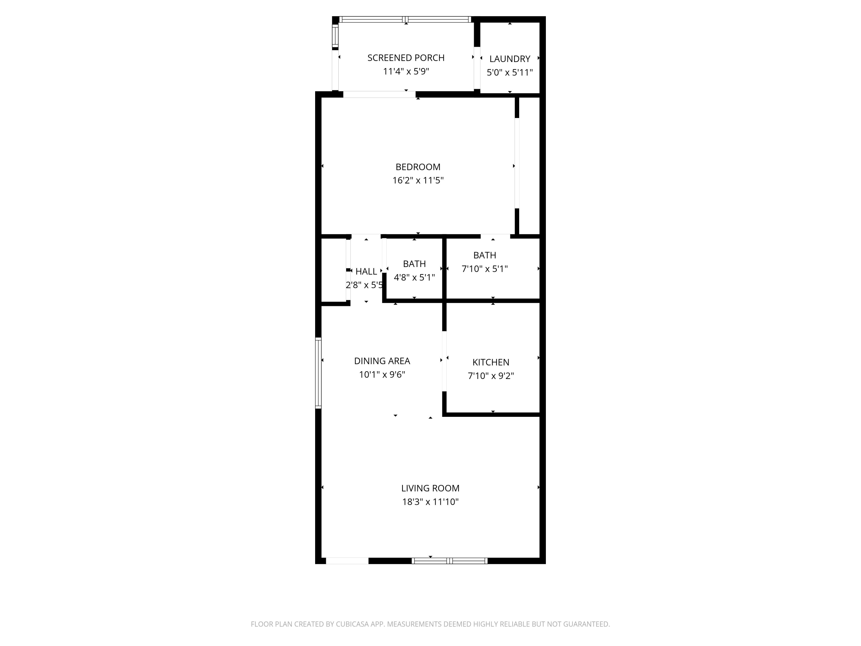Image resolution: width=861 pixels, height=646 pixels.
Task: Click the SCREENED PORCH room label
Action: point(406,58)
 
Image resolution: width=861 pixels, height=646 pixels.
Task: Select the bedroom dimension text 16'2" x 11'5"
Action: point(418,180)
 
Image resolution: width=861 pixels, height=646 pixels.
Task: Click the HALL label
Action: point(366,271)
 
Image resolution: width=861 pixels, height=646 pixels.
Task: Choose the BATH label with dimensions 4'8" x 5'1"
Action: point(414,264)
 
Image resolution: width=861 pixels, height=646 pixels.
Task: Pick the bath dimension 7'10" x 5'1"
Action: point(485,269)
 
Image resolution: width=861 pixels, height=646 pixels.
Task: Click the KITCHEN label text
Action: point(491,362)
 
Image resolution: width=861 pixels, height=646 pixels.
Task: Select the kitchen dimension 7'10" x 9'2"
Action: point(491,376)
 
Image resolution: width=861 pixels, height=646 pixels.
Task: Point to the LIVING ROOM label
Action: point(430,488)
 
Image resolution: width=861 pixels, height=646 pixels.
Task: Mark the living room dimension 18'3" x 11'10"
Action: point(430,502)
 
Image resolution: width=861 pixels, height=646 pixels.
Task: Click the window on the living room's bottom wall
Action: point(449,561)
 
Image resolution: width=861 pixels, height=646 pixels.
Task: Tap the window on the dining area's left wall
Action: point(318,373)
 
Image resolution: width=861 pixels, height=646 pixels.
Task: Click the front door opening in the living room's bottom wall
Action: point(347,561)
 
